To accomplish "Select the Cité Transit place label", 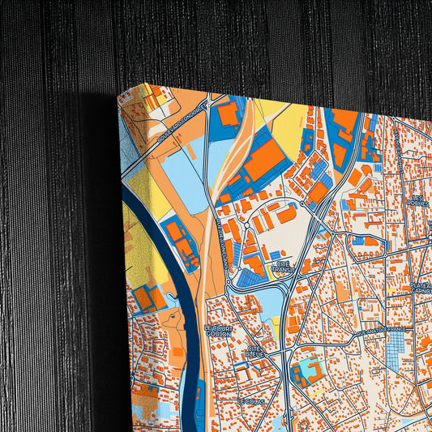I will coord(283,267).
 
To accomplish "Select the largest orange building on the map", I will coord(264,159).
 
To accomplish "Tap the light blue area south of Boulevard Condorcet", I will coord(187,173).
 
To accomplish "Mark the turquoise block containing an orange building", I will coord(306,373).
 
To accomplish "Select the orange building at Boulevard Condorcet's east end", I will coord(227,114).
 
